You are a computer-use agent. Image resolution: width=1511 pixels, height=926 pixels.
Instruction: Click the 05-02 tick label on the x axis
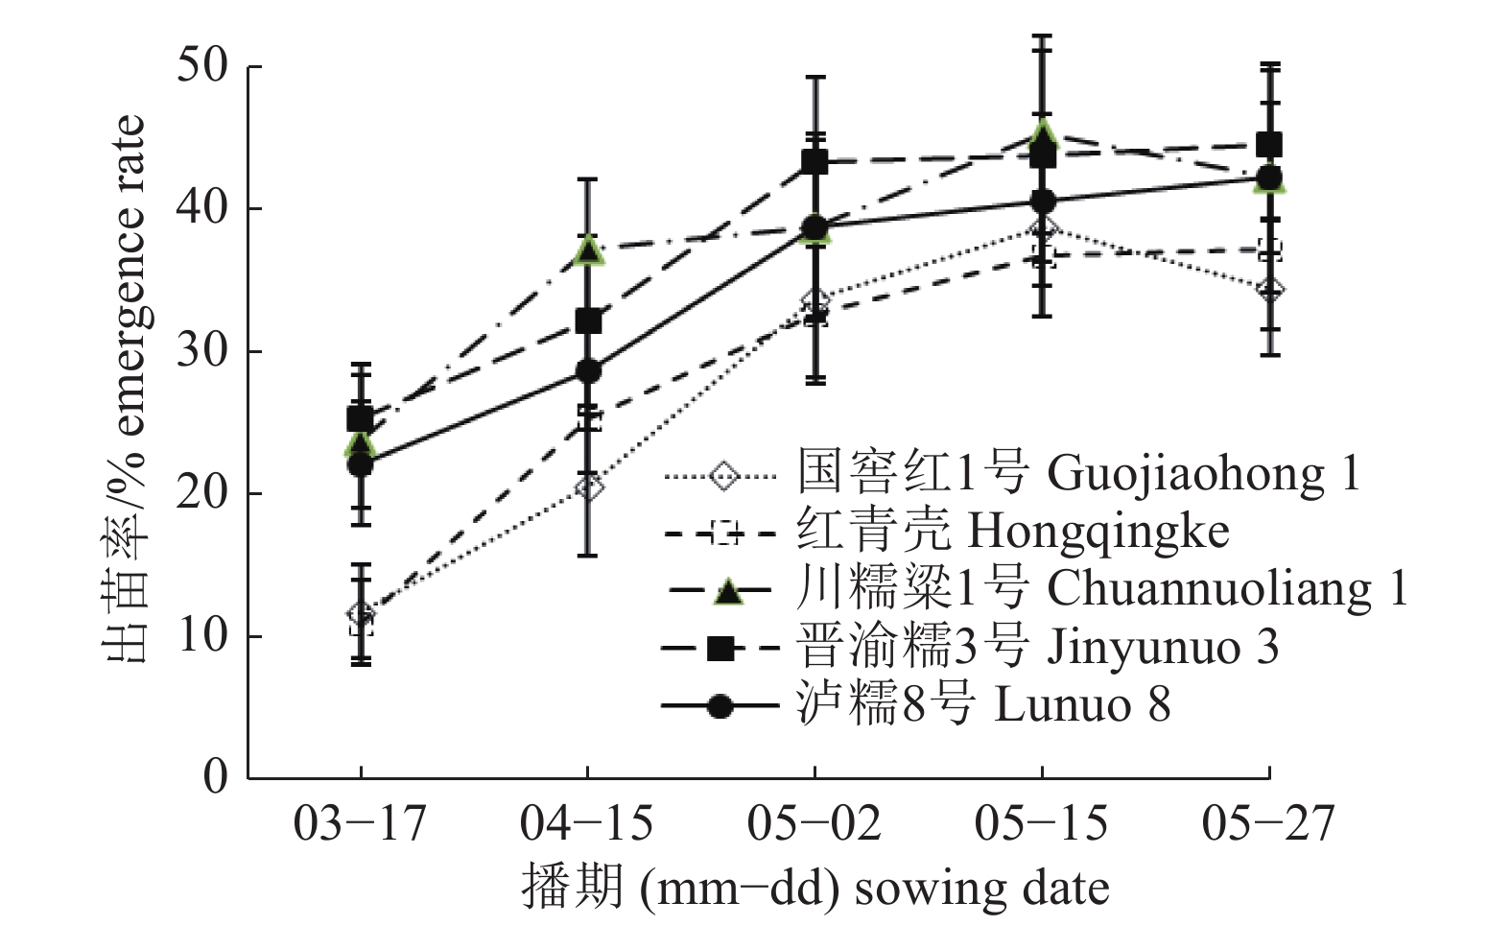pos(814,824)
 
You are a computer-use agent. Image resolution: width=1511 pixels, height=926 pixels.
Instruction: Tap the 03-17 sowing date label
pos(359,824)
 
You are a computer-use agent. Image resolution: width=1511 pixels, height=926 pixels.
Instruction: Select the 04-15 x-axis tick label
pos(586,824)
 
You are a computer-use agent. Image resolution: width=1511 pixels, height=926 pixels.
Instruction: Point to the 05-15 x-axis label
pos(1041,824)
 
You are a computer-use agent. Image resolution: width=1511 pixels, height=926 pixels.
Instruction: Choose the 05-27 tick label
pos(1268,824)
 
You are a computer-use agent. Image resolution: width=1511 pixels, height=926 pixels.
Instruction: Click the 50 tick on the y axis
pos(202,66)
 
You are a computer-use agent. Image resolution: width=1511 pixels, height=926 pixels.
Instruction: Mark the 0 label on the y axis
pos(216,776)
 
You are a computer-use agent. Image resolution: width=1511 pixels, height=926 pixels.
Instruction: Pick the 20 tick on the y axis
pos(202,493)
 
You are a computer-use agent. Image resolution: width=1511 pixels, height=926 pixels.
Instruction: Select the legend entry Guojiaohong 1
pos(1077,472)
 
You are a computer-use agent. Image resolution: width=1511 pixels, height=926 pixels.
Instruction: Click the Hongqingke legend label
pos(1012,531)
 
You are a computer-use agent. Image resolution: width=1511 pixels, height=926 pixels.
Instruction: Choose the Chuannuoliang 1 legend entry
pos(1101,588)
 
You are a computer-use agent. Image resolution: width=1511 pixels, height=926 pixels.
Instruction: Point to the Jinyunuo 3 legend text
pos(1037,647)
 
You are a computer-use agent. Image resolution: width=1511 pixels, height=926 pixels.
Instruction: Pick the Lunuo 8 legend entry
pos(983,705)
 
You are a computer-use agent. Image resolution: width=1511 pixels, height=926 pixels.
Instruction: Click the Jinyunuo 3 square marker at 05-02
pos(815,161)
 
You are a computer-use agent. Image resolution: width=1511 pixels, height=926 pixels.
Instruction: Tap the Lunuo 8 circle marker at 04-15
pos(587,370)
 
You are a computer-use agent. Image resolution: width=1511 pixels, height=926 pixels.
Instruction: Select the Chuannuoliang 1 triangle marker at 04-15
pos(587,251)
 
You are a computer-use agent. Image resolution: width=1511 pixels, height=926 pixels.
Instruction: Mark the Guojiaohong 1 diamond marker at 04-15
pos(590,487)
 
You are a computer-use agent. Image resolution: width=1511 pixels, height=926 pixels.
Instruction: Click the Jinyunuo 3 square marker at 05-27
pos(1269,145)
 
